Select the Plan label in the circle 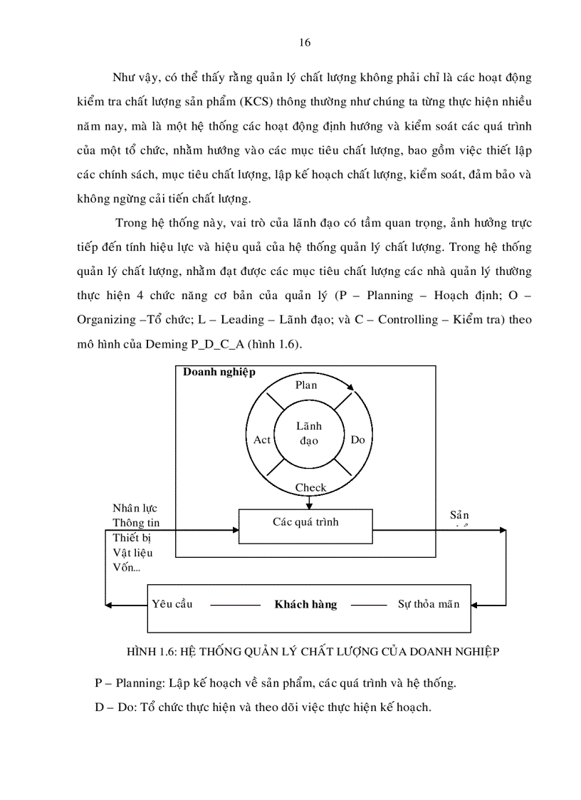pyautogui.click(x=305, y=385)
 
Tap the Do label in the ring pyautogui.click(x=357, y=440)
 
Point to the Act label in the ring pyautogui.click(x=262, y=440)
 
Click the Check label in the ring pyautogui.click(x=310, y=488)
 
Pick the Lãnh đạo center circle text pyautogui.click(x=309, y=433)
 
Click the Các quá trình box pyautogui.click(x=305, y=525)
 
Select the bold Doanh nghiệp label pyautogui.click(x=219, y=372)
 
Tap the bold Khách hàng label pyautogui.click(x=305, y=604)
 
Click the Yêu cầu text pyautogui.click(x=172, y=604)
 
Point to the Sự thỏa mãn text pyautogui.click(x=428, y=604)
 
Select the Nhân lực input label pyautogui.click(x=135, y=508)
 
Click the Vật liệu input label pyautogui.click(x=132, y=552)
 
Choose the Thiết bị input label pyautogui.click(x=132, y=537)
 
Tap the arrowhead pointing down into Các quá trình pyautogui.click(x=309, y=506)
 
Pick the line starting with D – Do pyautogui.click(x=263, y=707)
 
